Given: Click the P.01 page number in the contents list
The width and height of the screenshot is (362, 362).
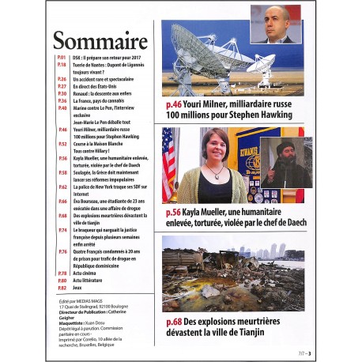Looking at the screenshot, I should click(61, 58).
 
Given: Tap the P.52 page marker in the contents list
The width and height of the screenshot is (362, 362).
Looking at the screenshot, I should click(61, 144).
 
